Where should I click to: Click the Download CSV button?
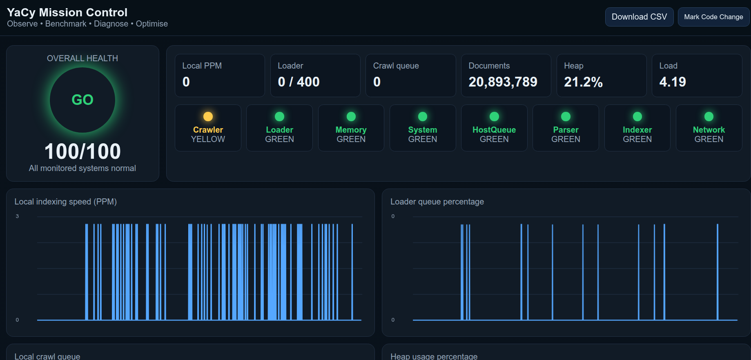point(639,17)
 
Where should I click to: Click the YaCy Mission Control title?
point(67,12)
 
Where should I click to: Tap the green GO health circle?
point(82,100)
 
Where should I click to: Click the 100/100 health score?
point(82,151)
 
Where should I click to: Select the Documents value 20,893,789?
point(503,82)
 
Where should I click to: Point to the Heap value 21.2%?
point(583,82)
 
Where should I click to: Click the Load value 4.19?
point(673,82)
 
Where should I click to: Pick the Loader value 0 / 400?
point(299,82)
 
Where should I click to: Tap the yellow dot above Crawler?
point(208,117)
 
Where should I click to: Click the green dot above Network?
point(709,117)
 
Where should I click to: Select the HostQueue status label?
point(494,130)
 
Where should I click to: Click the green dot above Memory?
point(351,117)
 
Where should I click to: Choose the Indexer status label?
point(637,130)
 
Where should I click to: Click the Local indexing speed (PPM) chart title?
point(66,202)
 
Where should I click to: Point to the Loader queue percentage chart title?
point(437,202)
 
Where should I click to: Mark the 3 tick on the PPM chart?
point(17,216)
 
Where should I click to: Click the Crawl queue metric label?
point(396,66)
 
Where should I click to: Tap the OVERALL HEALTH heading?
point(82,58)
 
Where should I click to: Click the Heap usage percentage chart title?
point(434,356)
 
